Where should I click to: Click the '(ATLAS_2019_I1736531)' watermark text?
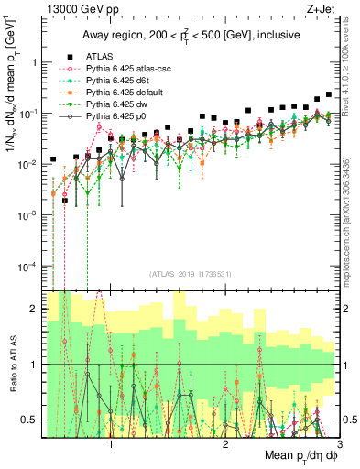coord(191,274)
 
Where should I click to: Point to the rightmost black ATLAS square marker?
coord(329,94)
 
